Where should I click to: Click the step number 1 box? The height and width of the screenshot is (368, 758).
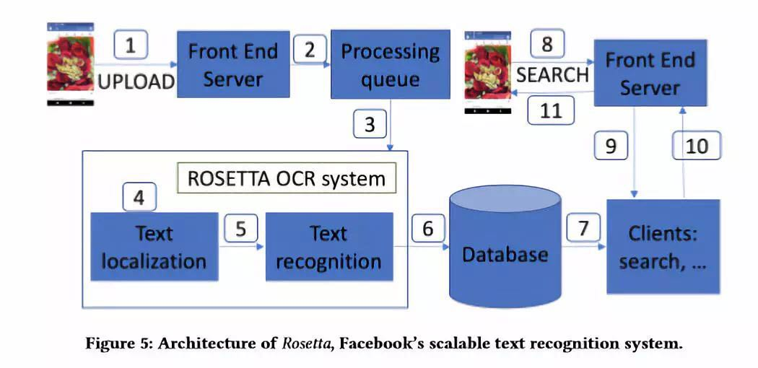[x=130, y=46]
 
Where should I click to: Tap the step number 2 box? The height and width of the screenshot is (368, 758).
[x=309, y=50]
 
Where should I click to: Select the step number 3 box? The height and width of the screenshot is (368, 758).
[x=370, y=124]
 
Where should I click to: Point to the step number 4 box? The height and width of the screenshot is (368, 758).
[x=139, y=197]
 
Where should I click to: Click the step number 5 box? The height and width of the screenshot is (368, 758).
[x=241, y=229]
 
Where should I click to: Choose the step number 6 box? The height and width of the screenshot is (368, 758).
[x=428, y=229]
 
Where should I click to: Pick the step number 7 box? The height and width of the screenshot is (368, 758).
[x=583, y=229]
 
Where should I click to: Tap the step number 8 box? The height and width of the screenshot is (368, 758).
[x=547, y=45]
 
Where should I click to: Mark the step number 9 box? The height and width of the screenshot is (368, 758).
[x=611, y=146]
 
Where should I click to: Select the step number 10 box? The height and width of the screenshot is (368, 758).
[x=697, y=146]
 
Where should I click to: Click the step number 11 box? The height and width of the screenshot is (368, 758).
[x=550, y=112]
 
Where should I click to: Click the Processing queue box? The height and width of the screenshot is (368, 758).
[x=390, y=65]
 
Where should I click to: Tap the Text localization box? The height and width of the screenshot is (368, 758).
[x=154, y=247]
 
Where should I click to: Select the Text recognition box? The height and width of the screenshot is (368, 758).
[x=329, y=247]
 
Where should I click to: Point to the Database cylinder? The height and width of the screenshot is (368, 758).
[x=504, y=245]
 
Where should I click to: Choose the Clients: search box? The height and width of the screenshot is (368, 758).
[x=663, y=247]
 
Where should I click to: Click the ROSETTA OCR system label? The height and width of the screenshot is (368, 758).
[x=287, y=178]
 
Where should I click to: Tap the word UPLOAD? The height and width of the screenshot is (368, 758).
[x=136, y=81]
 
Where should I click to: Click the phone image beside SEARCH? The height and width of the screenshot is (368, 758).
[x=488, y=72]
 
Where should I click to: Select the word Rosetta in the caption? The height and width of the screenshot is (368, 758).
[x=307, y=343]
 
